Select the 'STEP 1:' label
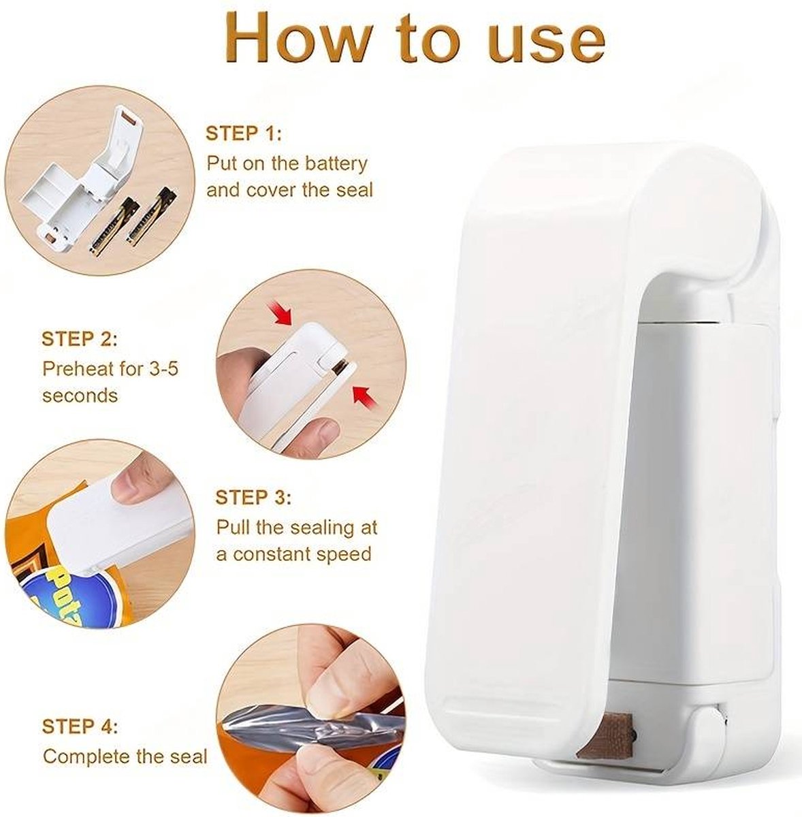pyautogui.click(x=244, y=133)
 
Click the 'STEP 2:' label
pyautogui.click(x=79, y=339)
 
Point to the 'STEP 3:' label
pyautogui.click(x=253, y=498)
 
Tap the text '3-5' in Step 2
pyautogui.click(x=163, y=369)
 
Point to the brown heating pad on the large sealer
pyautogui.click(x=604, y=731)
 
